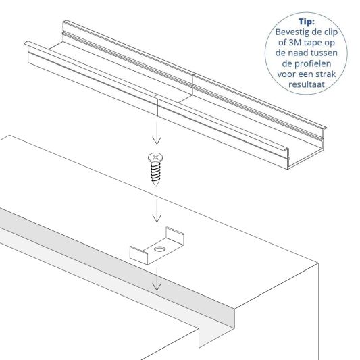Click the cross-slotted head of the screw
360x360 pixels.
point(157,159)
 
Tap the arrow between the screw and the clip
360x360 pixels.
point(156,211)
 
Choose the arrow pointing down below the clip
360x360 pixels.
point(156,279)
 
